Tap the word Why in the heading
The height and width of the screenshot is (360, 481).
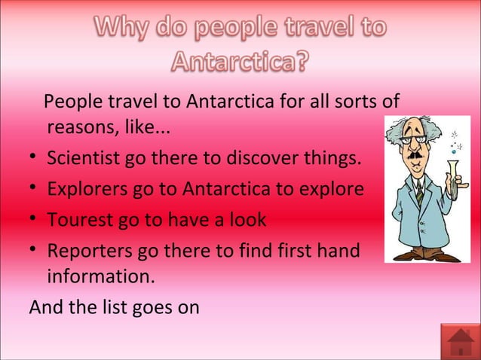click(x=124, y=29)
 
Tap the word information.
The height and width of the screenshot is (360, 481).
click(x=101, y=277)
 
